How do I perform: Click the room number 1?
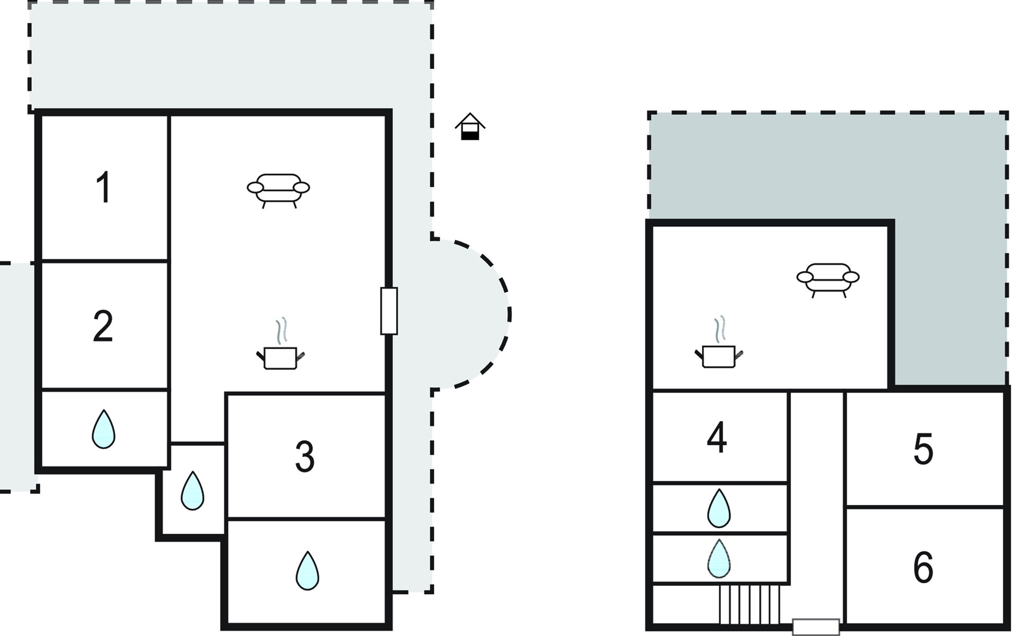[x=104, y=187]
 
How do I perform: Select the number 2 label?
[x=103, y=326]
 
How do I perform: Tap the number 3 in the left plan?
[x=305, y=456]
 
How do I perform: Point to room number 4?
[x=717, y=438]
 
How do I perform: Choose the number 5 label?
[x=923, y=449]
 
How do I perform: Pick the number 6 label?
[x=923, y=567]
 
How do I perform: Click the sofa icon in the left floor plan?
[x=278, y=190]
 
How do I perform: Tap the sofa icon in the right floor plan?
[x=828, y=280]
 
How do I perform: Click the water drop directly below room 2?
[x=103, y=429]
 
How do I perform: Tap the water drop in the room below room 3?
[x=308, y=571]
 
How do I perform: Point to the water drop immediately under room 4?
[x=719, y=508]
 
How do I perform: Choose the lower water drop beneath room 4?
[x=719, y=559]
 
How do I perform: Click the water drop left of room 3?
[x=192, y=491]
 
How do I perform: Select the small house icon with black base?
[x=470, y=127]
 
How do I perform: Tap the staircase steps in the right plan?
[x=750, y=605]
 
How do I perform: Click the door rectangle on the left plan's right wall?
[x=389, y=311]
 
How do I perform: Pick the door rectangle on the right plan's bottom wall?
[x=816, y=627]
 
